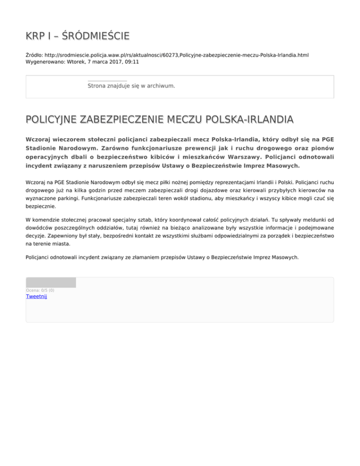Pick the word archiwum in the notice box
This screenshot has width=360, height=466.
click(161, 86)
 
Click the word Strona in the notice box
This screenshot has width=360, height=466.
click(97, 86)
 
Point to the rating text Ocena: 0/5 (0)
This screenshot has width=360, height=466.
click(40, 290)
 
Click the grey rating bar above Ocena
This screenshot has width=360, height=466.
click(51, 282)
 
